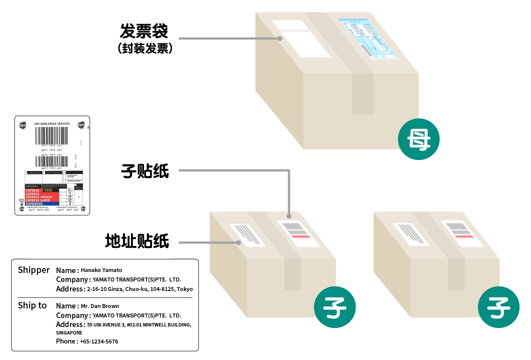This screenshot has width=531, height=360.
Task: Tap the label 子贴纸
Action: (144, 172)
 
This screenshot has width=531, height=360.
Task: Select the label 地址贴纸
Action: (136, 241)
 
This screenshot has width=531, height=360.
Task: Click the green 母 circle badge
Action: (418, 139)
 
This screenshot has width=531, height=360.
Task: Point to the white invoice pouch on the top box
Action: (301, 39)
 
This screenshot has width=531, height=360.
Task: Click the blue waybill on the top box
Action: (368, 38)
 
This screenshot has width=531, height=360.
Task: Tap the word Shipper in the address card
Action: (33, 270)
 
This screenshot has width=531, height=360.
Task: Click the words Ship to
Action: (32, 305)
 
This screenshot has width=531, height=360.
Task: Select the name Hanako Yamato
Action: (101, 270)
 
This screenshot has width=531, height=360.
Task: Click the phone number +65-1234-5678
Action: (99, 341)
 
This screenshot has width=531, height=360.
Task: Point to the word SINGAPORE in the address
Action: (69, 332)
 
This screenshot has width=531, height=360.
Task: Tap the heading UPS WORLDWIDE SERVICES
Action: (52, 123)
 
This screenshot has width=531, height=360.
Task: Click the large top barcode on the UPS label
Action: (51, 135)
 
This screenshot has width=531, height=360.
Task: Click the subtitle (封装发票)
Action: (145, 48)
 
